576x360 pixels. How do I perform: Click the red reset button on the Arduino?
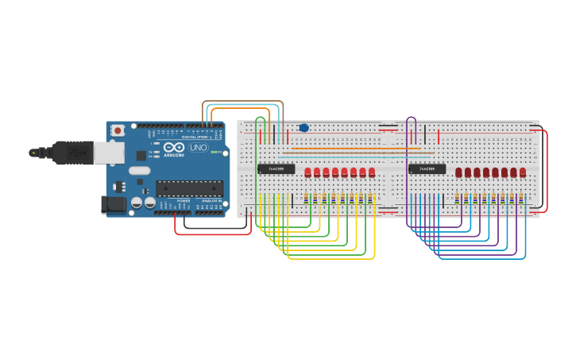pos(118,130)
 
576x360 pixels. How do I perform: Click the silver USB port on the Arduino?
pos(108,153)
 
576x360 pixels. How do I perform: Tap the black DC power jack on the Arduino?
pos(114,205)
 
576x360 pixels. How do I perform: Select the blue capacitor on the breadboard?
pos(303,127)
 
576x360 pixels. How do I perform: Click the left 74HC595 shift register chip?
pos(276,168)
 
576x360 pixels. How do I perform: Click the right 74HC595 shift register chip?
pos(427,168)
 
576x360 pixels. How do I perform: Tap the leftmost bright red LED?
pos(307,172)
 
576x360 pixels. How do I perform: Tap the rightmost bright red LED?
pos(372,172)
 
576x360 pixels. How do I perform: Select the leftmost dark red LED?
pos(458,172)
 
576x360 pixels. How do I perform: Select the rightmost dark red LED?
pos(523,172)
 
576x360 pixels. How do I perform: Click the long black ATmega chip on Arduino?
pos(188,188)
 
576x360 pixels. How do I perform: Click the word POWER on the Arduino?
pos(183,202)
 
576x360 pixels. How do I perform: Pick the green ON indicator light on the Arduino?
pos(214,151)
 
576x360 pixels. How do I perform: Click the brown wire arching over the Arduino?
pos(242,102)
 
